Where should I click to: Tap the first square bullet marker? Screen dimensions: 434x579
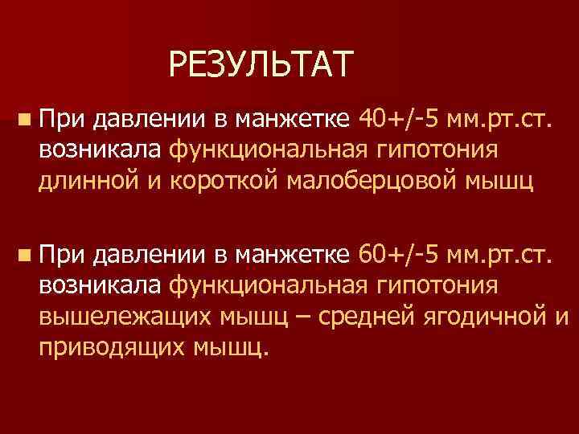[x=27, y=121]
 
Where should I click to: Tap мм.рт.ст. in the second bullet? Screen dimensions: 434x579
[x=501, y=256]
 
